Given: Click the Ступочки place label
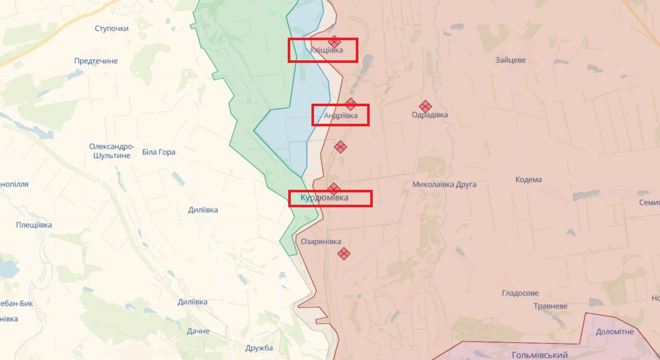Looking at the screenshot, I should point(111,28).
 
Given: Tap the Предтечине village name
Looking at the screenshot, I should point(96,61).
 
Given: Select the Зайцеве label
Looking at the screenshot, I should point(510,60).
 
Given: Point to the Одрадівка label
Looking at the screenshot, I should point(430,114).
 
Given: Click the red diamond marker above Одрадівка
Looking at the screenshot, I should point(425,106).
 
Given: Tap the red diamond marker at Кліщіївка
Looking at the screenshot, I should point(334,42).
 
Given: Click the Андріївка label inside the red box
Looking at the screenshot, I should point(340,116).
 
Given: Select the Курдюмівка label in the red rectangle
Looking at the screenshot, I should point(324,198).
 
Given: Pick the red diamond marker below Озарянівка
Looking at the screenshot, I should point(344,253).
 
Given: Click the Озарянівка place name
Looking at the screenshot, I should point(321,241).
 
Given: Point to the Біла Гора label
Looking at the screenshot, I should point(158,152).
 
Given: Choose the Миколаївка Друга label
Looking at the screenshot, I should point(444,184).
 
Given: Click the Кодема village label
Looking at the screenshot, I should point(529,179).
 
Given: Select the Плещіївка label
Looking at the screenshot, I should point(34,225).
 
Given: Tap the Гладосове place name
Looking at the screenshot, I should point(520,293).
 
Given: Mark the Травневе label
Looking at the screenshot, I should point(550,306).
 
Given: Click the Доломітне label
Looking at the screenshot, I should point(615,332).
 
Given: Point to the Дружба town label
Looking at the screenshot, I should point(259,348).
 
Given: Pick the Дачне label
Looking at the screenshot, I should point(198,331).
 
